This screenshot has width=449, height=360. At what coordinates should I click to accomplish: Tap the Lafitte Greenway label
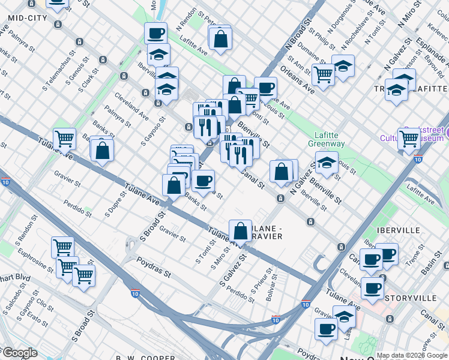(326, 140)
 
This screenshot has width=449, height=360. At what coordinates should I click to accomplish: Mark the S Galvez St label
(234, 268)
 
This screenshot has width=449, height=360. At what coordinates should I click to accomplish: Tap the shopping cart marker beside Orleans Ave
(323, 74)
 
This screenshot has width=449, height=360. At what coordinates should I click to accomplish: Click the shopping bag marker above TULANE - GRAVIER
(240, 230)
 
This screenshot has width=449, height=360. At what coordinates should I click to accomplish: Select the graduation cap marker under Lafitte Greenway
(327, 163)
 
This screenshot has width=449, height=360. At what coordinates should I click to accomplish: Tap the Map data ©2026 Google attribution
(412, 355)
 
